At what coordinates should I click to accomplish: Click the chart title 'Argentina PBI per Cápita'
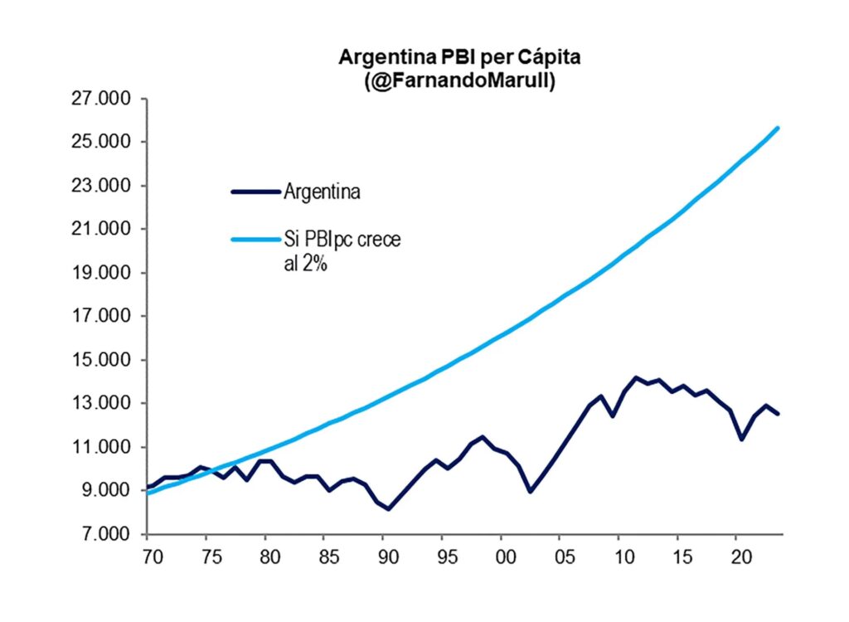tap(446, 58)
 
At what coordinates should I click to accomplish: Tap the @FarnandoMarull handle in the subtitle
tap(446, 81)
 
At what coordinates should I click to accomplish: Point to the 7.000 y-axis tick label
tap(107, 535)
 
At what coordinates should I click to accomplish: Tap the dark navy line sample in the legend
tap(255, 192)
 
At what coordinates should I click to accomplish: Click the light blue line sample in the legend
tap(255, 240)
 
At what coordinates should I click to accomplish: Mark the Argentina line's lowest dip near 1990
tap(388, 509)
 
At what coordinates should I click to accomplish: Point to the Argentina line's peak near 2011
tap(636, 377)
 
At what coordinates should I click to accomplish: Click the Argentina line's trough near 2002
tap(530, 491)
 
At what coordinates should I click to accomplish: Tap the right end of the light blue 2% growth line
tap(778, 128)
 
